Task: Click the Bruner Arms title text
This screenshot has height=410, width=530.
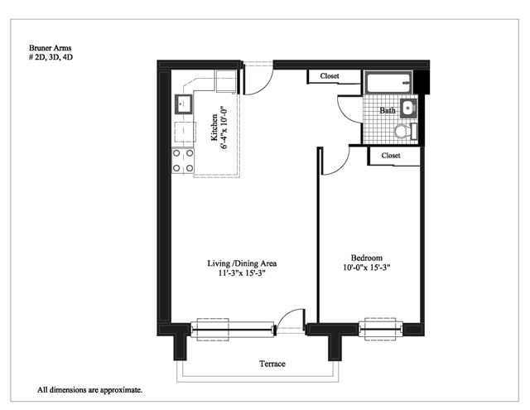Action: [x=50, y=48]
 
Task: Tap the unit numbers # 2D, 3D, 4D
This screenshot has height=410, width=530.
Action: [x=51, y=57]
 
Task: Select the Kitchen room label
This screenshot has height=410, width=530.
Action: [x=214, y=128]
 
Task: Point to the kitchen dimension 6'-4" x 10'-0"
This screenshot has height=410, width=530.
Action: [x=224, y=128]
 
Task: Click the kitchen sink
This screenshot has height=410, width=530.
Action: [x=183, y=104]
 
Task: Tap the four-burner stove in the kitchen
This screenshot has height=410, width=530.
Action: [x=183, y=161]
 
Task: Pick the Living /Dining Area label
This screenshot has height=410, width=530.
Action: [x=242, y=263]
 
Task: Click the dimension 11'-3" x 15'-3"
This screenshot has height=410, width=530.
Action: [x=242, y=273]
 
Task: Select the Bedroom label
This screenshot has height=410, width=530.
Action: [x=367, y=258]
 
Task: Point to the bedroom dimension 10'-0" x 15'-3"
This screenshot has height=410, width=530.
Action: [x=367, y=268]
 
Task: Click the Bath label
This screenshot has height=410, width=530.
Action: [x=388, y=110]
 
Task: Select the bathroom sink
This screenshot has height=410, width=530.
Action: [x=408, y=109]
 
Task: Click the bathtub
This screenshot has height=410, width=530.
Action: [x=388, y=82]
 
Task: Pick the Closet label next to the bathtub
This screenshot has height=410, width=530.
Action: [x=330, y=76]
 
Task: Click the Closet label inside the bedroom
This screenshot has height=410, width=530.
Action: [x=391, y=156]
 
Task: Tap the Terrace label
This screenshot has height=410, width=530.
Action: [x=272, y=364]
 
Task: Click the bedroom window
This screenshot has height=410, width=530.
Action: [x=381, y=329]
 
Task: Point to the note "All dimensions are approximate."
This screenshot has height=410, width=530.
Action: [x=90, y=390]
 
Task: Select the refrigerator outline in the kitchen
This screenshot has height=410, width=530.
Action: [x=226, y=81]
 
